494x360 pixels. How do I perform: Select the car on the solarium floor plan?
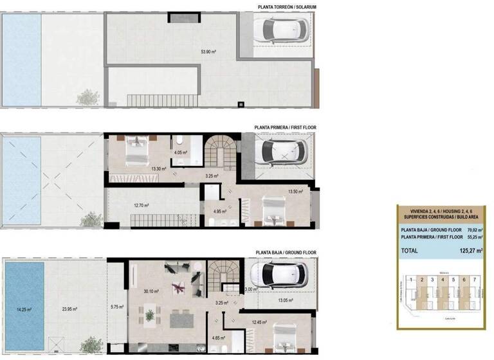(280, 30)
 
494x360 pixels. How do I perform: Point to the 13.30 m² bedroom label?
(158, 169)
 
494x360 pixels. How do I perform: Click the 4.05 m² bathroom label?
(181, 153)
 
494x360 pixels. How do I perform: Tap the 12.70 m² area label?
(141, 206)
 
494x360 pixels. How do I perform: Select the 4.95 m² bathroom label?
(219, 211)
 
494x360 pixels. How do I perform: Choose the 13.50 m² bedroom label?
(295, 191)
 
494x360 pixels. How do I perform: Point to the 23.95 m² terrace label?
(69, 309)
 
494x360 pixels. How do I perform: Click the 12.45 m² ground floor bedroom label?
(260, 322)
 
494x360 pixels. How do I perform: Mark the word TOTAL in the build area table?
(410, 251)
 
